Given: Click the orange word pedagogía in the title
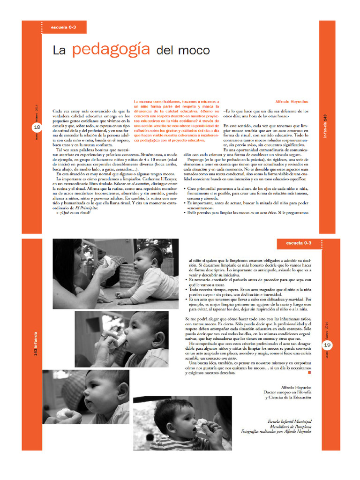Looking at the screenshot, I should tap(111, 50).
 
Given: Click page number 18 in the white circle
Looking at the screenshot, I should tap(37, 127).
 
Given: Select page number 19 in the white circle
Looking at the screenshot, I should tap(327, 345).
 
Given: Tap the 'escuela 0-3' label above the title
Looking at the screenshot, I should tap(63, 27).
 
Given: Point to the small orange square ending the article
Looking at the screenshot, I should tap(309, 373).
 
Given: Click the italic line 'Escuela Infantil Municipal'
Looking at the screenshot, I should tap(289, 421).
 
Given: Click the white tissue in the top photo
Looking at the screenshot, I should tap(107, 261).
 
